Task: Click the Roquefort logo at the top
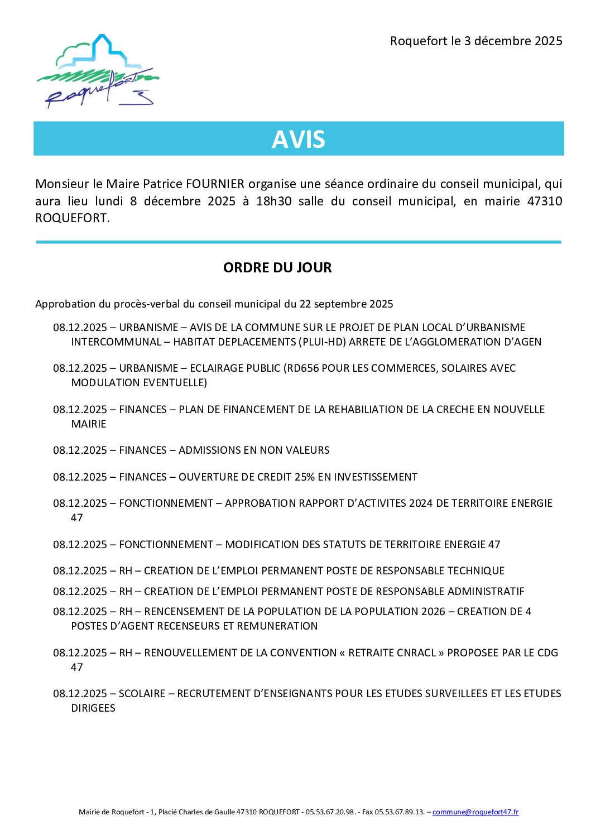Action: pos(98,71)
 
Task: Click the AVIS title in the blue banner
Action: pos(299,139)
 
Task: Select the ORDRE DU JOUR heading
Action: pos(277,268)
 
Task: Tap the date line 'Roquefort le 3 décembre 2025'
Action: pos(476,41)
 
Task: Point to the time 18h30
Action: pos(273,201)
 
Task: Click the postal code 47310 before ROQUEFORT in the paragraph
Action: pos(545,201)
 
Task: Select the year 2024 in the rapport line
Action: pos(421,503)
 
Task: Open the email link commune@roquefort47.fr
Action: pos(475,812)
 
